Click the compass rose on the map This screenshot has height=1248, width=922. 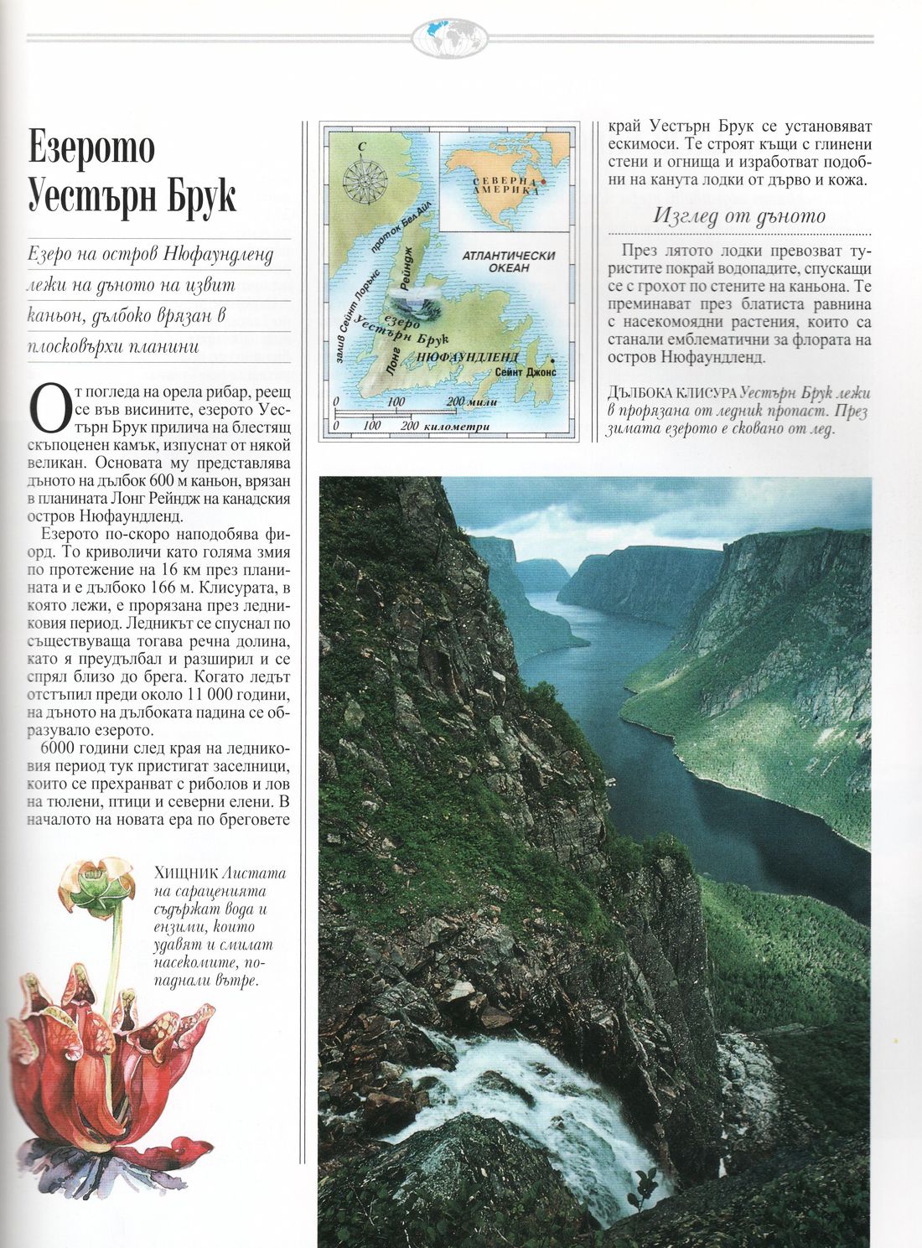pos(363,179)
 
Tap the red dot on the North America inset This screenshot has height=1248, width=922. pos(542,181)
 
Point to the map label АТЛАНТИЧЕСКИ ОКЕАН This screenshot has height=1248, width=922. pos(509,262)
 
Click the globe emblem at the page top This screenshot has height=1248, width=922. pos(450,38)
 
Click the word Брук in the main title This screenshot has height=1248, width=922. pos(198,195)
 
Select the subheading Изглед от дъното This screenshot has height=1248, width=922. pos(739,216)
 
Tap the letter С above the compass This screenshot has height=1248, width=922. pos(361,148)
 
